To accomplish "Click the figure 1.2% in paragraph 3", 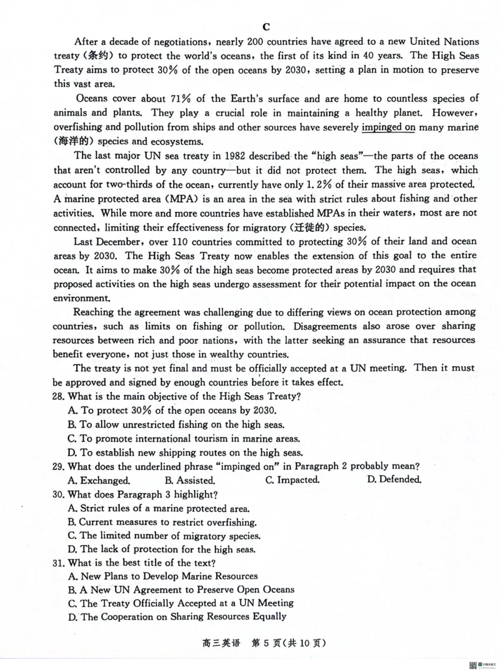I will pos(353,184).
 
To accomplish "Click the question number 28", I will pos(58,396).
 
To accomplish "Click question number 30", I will pos(58,494).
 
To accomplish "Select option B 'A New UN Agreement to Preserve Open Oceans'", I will pos(181,589).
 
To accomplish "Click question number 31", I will pos(58,563).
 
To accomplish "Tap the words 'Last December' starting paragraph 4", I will pos(104,241).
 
